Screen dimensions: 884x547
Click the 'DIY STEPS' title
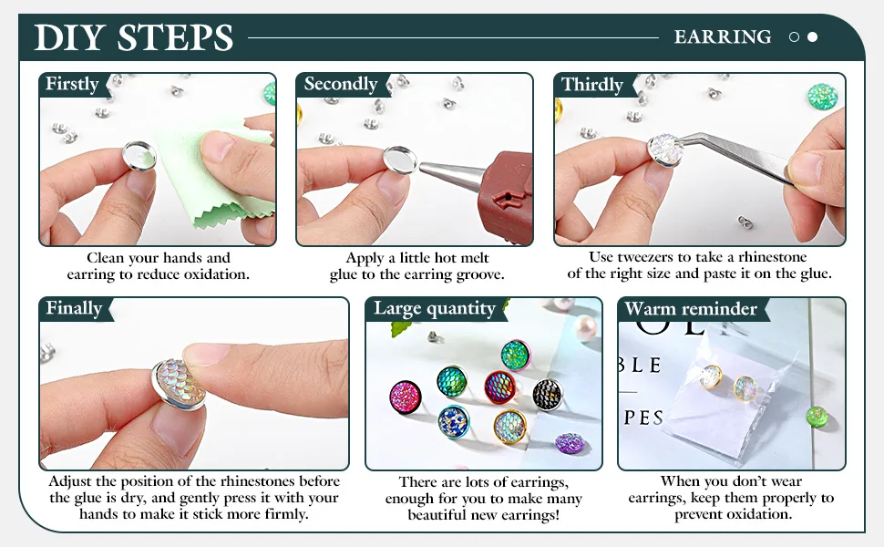pos(134,37)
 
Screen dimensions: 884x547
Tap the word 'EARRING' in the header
pos(723,37)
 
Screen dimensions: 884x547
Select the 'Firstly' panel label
pos(72,84)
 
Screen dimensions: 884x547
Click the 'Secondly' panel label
pos(341,84)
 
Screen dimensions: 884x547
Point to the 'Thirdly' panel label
pos(592,85)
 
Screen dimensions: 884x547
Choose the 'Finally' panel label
pos(74,308)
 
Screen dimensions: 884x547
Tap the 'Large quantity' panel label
pos(434,309)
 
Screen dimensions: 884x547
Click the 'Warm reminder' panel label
pos(691,309)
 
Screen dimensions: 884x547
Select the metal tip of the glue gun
pos(451,171)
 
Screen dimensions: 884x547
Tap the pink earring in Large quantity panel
pos(406,397)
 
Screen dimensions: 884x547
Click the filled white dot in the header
pos(812,37)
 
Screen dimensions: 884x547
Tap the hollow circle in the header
pos(795,37)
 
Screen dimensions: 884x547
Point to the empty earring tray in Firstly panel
pos(139,156)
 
